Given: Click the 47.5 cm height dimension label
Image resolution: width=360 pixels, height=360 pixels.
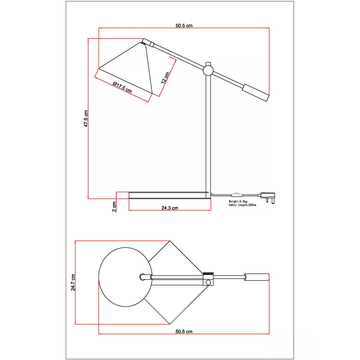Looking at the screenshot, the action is point(86,118).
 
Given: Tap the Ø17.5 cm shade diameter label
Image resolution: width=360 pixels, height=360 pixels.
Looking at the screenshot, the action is point(123,87).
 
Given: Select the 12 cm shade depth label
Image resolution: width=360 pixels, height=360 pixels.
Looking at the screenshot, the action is point(165,78).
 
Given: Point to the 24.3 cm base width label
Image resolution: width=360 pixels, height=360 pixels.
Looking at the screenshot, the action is point(169,208).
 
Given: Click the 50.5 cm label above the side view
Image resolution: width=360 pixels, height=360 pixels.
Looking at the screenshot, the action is point(184,25).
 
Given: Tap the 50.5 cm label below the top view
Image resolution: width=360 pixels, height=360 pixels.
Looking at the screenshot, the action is point(184,331).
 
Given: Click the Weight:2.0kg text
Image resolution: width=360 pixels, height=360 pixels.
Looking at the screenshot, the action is point(238,201).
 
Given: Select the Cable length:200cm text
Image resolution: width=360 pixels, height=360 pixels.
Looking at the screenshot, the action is point(242,205).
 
